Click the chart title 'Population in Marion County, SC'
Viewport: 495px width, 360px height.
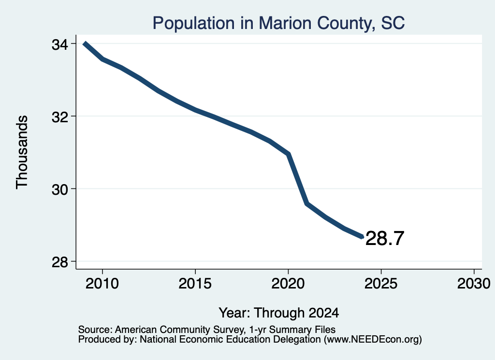pos(278,23)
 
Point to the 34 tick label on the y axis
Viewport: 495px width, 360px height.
pos(59,44)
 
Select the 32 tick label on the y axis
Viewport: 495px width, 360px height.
pos(59,117)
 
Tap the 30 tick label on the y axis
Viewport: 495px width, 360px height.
pos(59,189)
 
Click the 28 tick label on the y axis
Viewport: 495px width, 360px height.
pos(59,262)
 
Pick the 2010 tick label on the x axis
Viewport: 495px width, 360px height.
pos(102,283)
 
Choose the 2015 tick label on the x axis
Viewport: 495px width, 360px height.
pos(195,283)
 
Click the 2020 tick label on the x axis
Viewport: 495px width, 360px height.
pos(288,283)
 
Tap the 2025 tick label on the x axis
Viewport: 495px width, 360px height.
pos(381,283)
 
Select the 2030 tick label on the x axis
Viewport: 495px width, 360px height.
pos(474,283)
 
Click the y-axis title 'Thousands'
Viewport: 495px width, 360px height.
pos(22,152)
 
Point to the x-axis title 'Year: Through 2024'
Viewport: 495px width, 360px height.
pos(279,313)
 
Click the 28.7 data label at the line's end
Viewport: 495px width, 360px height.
pos(385,238)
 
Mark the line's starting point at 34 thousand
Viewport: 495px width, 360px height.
pos(85,43)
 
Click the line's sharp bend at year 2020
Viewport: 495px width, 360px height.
pos(288,154)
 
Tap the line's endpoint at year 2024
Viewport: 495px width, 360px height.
pos(362,237)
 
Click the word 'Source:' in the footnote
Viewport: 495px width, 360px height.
pos(95,330)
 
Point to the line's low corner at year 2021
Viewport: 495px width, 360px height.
pos(306,204)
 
